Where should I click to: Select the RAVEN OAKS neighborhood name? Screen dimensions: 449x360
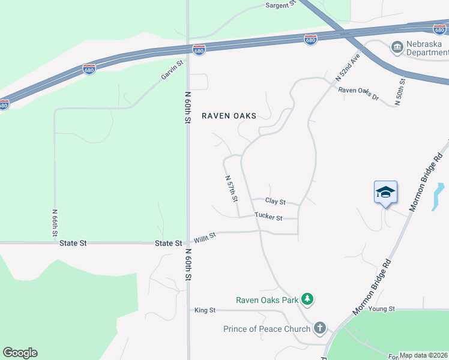coord(229,116)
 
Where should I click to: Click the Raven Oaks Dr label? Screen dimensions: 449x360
coord(358,93)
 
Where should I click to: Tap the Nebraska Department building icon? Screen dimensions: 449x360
coord(396,47)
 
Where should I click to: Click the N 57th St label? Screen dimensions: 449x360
coord(232,188)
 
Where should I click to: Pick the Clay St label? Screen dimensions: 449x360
coord(276,202)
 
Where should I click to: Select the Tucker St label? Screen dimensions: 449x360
coord(268,217)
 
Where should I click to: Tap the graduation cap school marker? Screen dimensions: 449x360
coord(385,192)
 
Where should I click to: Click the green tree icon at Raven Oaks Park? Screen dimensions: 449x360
coord(307,299)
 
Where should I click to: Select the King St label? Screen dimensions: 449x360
coord(205,310)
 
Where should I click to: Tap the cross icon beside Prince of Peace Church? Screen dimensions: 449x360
coord(320,328)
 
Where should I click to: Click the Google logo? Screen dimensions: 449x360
coord(20,353)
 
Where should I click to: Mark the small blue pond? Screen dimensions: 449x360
coord(438,196)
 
